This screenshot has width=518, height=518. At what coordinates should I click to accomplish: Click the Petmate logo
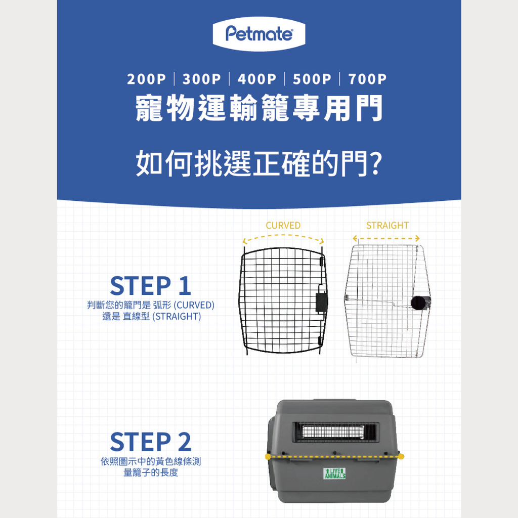(259, 34)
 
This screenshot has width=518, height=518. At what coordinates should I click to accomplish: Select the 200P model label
(146, 79)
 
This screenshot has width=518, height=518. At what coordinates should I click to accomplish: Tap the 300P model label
(201, 79)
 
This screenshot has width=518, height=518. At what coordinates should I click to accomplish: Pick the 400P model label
(257, 79)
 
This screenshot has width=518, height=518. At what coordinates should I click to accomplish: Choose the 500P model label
(312, 79)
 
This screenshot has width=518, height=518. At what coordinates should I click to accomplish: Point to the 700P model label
(367, 79)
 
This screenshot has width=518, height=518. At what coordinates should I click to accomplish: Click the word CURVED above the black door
(283, 225)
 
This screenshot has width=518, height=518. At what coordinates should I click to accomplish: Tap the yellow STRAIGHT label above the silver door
(387, 225)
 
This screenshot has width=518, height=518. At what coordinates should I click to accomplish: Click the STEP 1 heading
(151, 286)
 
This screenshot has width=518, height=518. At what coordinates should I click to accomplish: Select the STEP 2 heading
(151, 442)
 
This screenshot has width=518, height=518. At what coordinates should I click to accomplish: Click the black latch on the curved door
(322, 301)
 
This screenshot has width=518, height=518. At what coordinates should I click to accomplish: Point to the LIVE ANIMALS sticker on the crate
(335, 473)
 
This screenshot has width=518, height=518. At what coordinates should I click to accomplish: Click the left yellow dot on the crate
(268, 457)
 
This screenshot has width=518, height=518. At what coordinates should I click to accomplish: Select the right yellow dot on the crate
(401, 457)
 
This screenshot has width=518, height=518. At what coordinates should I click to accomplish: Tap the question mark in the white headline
(375, 163)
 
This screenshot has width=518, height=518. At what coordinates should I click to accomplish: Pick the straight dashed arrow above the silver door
(386, 238)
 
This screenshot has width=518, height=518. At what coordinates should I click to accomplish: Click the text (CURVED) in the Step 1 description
(194, 305)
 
